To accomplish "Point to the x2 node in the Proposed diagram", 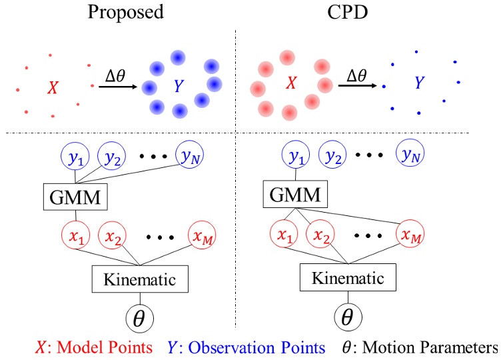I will coord(114,236).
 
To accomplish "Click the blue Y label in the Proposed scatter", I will coord(178,86).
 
